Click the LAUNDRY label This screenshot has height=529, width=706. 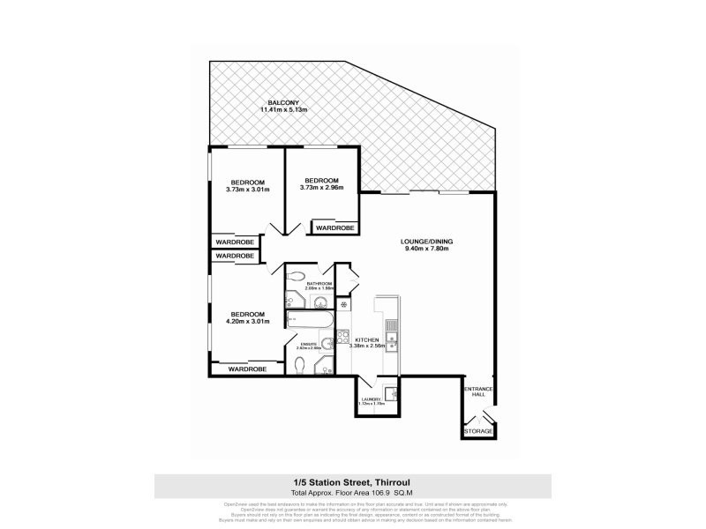coord(371,399)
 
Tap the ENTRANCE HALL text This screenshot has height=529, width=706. coord(478,391)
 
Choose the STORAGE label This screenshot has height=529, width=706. coord(478,432)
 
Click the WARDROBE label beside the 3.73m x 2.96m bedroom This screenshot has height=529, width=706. coord(335,227)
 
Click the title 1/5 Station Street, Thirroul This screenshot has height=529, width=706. coord(352,482)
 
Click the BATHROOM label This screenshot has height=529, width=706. coord(319,283)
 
